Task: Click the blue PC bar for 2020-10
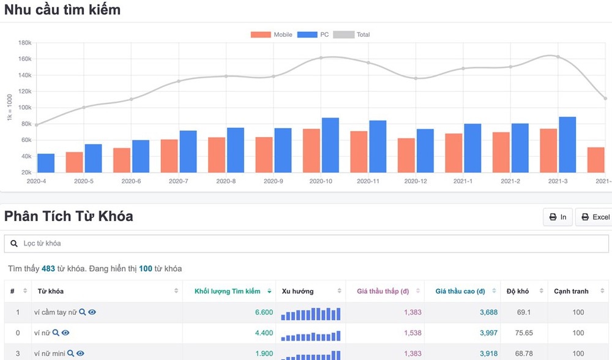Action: pos(330,145)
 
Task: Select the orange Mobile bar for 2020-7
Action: pos(170,156)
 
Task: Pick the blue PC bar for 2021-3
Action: pos(567,144)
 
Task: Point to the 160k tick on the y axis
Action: pos(24,59)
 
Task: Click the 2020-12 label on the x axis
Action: pos(416,181)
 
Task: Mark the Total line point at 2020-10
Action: pos(321,58)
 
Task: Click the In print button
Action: pos(558,217)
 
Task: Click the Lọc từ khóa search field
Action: pos(306,243)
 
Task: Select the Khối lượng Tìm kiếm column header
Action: pos(228,291)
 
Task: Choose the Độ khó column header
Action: pos(518,291)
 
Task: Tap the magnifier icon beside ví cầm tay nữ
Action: pos(83,312)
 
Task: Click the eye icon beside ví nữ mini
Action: pos(80,353)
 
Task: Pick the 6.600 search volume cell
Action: pos(264,312)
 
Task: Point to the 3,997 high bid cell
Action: pos(487,333)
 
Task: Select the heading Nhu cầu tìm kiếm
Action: pos(62,10)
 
